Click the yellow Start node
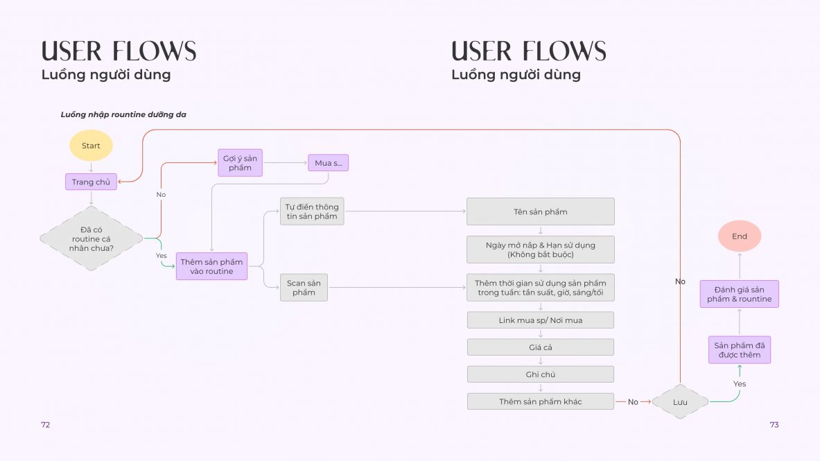(91, 146)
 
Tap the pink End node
(739, 236)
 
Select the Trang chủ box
(91, 182)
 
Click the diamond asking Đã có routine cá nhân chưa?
(91, 238)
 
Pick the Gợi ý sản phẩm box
(240, 163)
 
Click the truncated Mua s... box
(328, 163)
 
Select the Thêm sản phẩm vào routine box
(212, 266)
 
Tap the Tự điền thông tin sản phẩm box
(312, 211)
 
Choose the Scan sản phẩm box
(304, 287)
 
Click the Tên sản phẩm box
(540, 211)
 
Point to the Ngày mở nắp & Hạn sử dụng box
(540, 250)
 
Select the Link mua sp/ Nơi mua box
(540, 320)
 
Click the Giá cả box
(540, 347)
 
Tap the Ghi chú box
(540, 374)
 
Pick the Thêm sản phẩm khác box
(540, 401)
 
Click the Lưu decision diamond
(680, 402)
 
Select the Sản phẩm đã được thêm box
(739, 350)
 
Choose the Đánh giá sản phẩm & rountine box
(739, 294)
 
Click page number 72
(46, 425)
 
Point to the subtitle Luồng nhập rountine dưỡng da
(123, 114)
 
